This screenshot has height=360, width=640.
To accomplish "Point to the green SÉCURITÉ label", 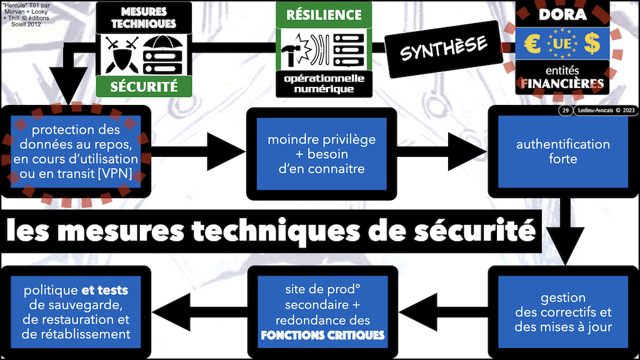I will point(144,86).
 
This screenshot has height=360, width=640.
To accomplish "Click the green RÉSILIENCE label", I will point(323,14).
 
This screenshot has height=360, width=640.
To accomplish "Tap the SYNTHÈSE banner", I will point(444,47).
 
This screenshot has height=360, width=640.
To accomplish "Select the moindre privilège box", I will point(321,153).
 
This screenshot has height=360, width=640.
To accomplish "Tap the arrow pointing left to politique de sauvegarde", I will point(187,312).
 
